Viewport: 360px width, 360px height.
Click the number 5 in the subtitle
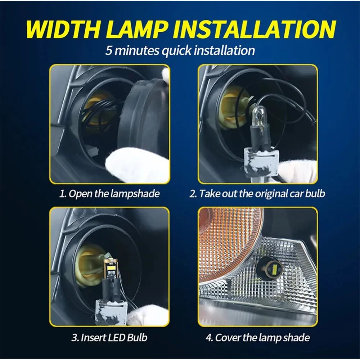(x=108, y=50)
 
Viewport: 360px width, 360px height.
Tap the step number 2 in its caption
(x=192, y=194)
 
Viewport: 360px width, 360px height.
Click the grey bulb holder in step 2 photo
(x=261, y=163)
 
